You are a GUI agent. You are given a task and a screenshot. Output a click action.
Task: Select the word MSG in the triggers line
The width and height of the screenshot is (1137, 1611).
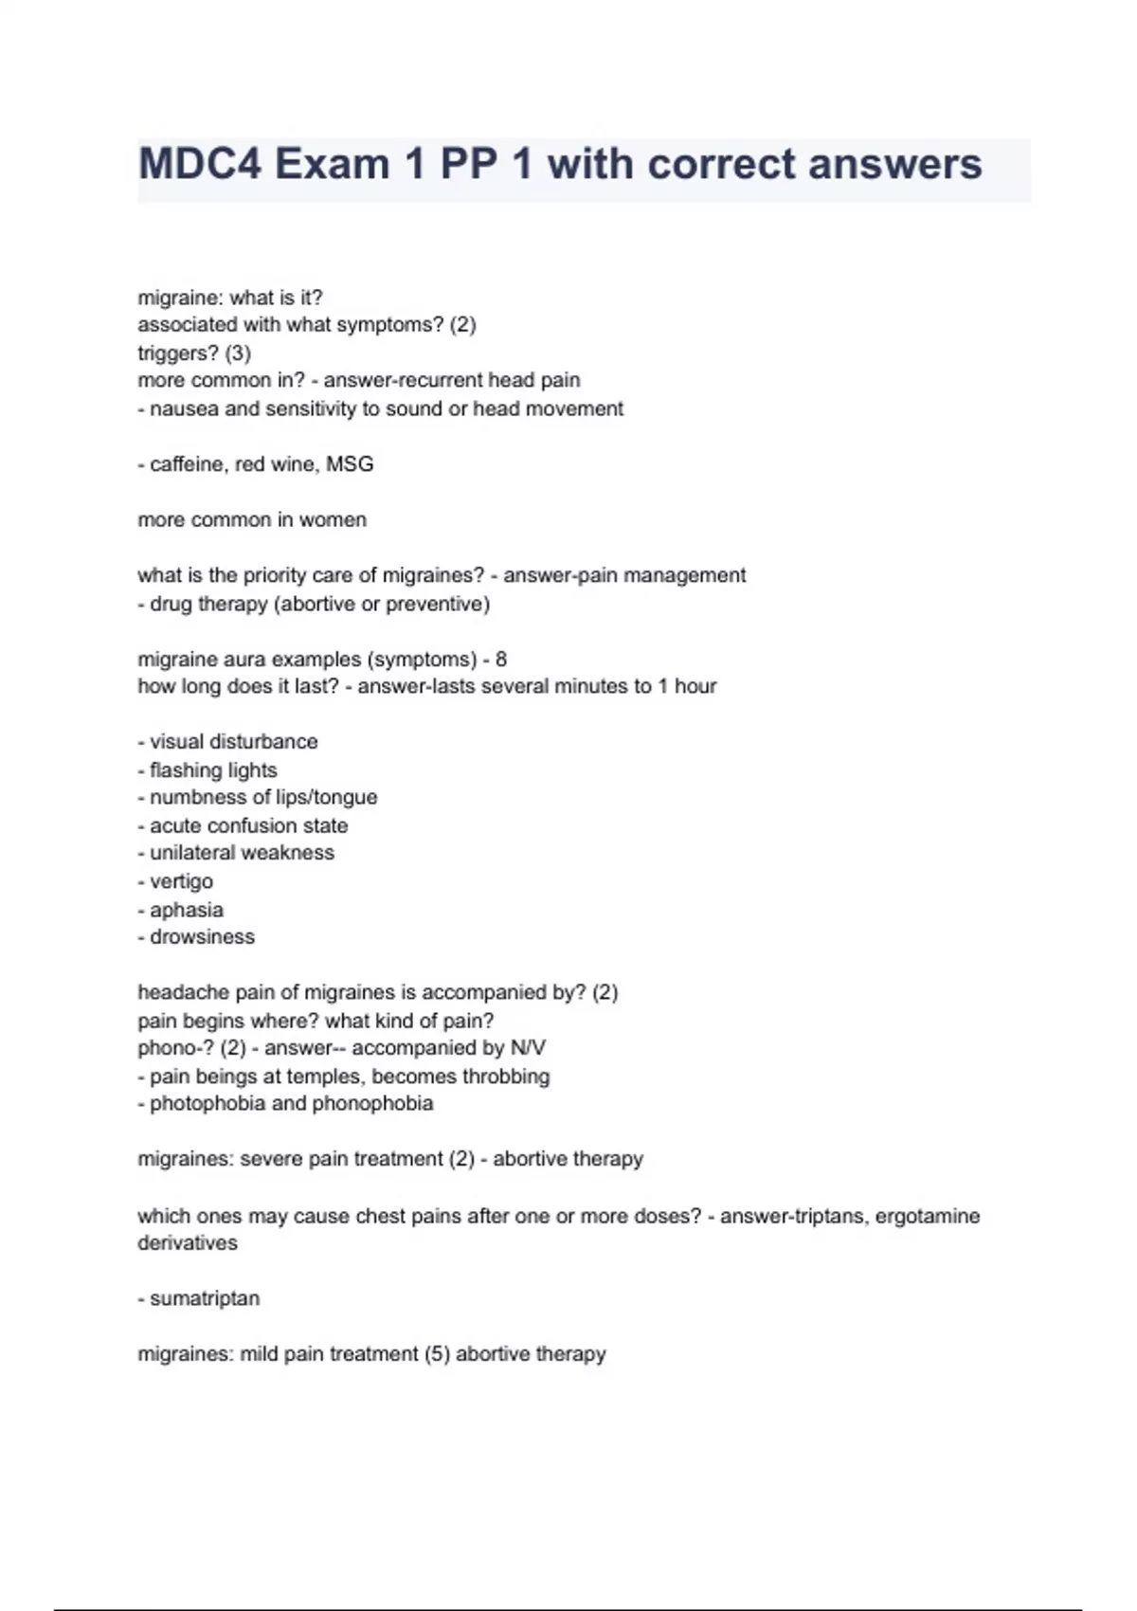(350, 464)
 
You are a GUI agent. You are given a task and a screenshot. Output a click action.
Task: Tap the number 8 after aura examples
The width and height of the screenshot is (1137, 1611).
(501, 660)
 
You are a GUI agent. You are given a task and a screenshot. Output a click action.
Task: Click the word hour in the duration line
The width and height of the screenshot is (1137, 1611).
(695, 686)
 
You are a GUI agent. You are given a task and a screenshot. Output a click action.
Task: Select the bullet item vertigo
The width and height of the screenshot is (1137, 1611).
(181, 881)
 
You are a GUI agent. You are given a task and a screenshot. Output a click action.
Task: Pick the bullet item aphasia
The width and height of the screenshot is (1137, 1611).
(187, 910)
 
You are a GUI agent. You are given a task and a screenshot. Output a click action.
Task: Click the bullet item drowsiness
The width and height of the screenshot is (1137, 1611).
(202, 937)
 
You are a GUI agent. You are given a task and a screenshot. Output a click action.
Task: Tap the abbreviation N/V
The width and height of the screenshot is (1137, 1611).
(528, 1048)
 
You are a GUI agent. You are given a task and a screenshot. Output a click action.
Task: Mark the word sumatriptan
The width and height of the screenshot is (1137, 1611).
(205, 1298)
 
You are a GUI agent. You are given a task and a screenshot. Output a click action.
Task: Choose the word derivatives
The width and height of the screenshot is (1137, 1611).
(188, 1243)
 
